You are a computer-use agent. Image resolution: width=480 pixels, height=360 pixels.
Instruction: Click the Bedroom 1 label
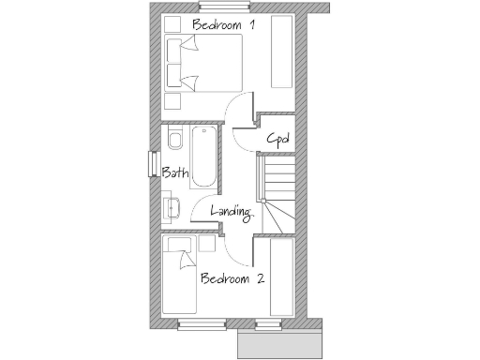click(222, 23)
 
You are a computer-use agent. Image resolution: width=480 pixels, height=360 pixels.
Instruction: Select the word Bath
click(175, 172)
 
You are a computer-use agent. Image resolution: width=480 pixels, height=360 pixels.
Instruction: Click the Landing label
click(232, 212)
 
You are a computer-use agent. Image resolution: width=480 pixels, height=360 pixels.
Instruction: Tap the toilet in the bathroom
click(175, 141)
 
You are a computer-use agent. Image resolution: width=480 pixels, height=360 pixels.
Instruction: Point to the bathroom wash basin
click(172, 206)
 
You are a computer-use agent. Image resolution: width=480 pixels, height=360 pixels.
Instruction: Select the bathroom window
click(153, 163)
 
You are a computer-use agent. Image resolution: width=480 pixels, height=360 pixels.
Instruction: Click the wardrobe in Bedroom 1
click(281, 52)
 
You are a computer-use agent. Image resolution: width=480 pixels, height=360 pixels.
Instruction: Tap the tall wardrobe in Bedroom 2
click(282, 277)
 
